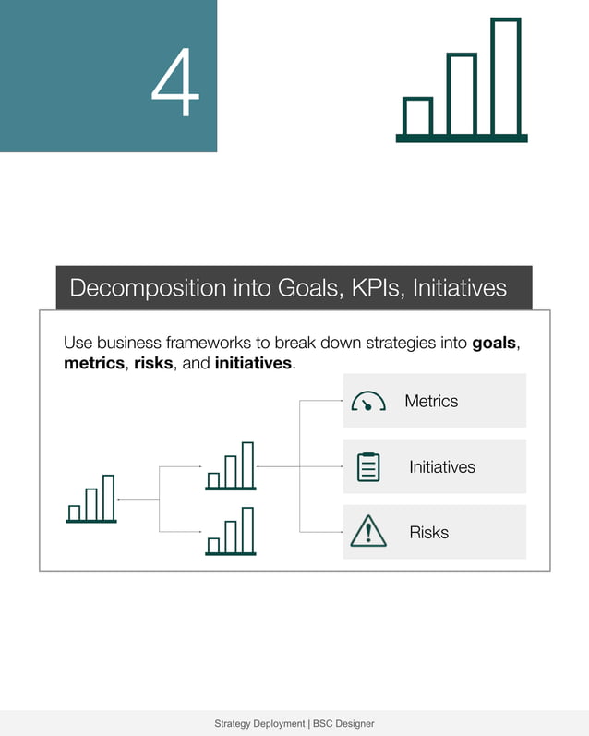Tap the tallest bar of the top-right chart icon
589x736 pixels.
pos(505,78)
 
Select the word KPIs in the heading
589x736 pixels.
pos(375,288)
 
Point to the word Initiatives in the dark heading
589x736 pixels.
pos(459,288)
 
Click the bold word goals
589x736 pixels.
pos(494,344)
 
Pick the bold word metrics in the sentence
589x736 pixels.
pos(93,364)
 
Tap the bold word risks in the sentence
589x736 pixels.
pos(153,364)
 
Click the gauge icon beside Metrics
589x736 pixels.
pos(368,402)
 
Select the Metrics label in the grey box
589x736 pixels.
pos(431,401)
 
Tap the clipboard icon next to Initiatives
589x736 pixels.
pos(368,467)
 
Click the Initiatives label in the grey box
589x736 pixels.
pos(442,467)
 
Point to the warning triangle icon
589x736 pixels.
pos(368,532)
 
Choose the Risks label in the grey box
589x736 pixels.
pos(428,533)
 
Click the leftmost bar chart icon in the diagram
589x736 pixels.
pos(92,500)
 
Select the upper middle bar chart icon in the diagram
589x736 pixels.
pos(231,466)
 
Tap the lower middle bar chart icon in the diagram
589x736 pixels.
pos(231,532)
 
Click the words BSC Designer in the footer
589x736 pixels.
pos(343,724)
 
